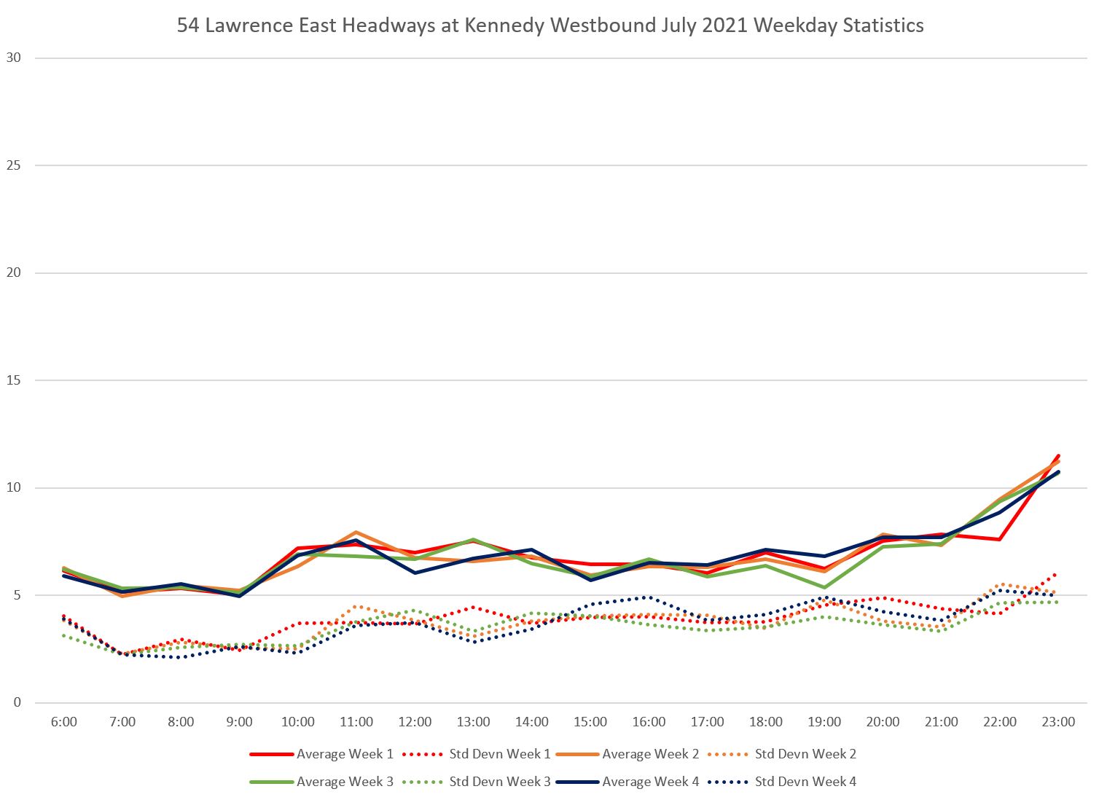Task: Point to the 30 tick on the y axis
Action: (14, 58)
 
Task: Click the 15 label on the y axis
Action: (14, 380)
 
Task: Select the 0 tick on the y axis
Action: (17, 703)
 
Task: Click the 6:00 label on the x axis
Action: (64, 722)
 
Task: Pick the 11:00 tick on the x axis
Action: (356, 722)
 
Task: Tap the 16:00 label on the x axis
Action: (649, 722)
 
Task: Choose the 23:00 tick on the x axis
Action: (1057, 722)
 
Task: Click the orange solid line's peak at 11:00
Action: (356, 533)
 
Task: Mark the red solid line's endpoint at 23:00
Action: (1057, 456)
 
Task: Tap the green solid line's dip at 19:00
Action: (824, 587)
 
